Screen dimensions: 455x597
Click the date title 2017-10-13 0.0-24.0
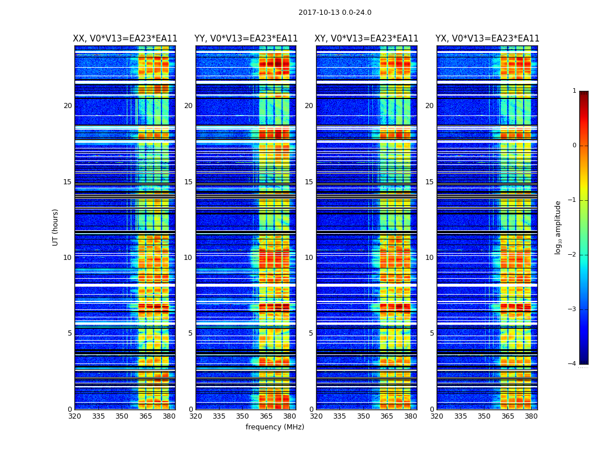(335, 13)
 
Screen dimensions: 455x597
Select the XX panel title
(125, 39)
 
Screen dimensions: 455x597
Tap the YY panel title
(246, 39)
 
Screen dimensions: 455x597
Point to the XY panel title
(367, 39)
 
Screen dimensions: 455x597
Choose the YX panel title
(487, 39)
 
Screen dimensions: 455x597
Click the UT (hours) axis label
(56, 227)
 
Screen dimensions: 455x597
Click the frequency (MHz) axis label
(275, 427)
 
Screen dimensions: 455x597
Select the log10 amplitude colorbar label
(558, 227)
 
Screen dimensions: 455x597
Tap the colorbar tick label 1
(574, 91)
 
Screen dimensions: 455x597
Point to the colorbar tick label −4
(573, 364)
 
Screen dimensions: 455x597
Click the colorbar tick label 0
(574, 146)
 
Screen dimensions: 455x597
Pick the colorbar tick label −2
(573, 255)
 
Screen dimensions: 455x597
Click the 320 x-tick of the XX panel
(74, 416)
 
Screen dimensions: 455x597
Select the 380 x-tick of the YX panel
(531, 416)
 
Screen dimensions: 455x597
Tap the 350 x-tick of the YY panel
(243, 416)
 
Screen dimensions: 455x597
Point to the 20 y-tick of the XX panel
(68, 106)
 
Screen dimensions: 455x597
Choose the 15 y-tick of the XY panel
(309, 182)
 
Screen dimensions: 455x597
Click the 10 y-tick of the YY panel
(188, 258)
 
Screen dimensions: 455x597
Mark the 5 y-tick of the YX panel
(432, 333)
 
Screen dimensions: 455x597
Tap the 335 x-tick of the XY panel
(339, 416)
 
